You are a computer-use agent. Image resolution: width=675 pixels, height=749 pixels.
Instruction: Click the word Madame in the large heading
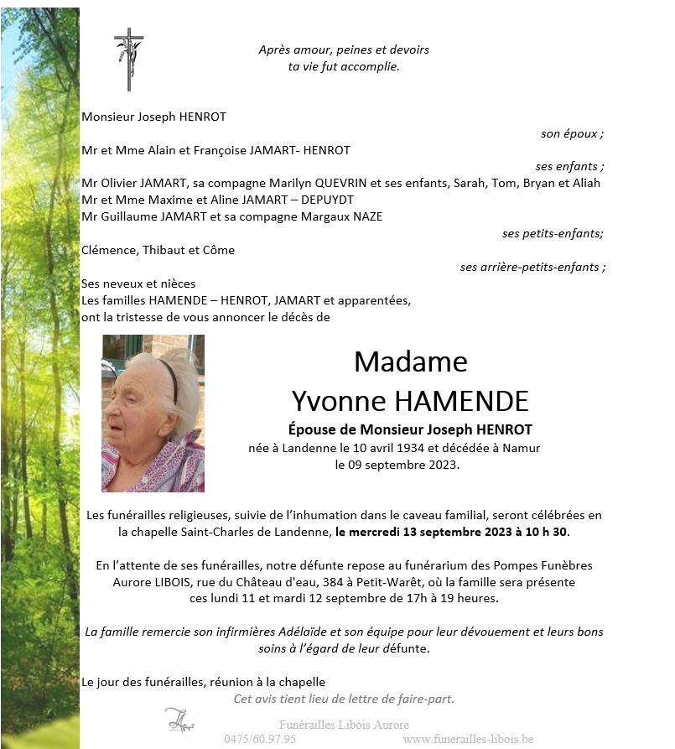(x=410, y=361)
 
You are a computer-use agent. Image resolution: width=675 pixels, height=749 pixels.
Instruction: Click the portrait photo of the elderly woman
(x=153, y=414)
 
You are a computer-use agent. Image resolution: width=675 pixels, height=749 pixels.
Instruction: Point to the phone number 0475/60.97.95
(x=260, y=739)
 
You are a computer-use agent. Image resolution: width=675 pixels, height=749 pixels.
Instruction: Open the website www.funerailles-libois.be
(x=468, y=739)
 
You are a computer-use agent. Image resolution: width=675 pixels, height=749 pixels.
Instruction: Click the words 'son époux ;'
(x=573, y=133)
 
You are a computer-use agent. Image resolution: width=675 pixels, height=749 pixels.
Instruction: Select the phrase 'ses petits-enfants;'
(x=553, y=233)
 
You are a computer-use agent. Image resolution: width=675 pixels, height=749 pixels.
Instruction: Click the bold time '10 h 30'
(x=552, y=532)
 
